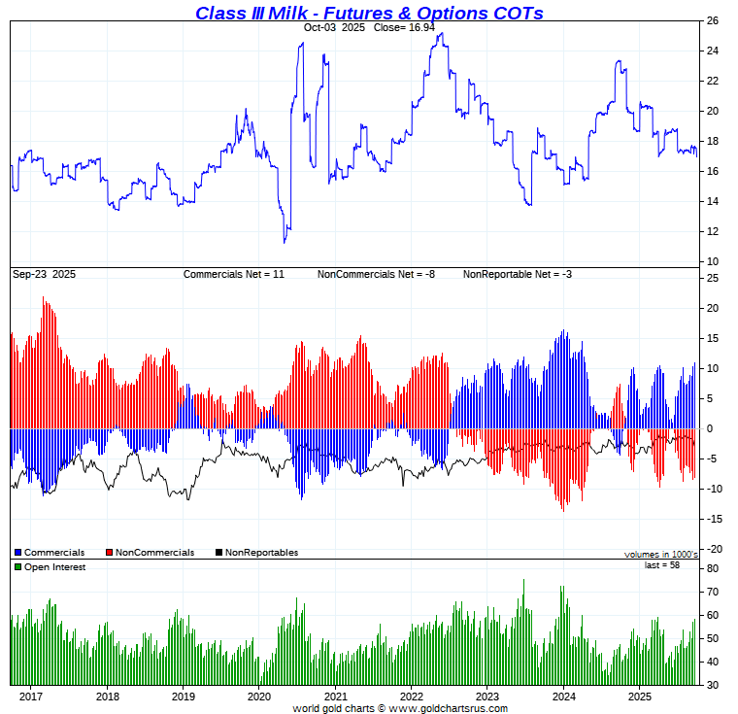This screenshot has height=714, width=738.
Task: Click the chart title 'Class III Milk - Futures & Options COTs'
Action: [369, 13]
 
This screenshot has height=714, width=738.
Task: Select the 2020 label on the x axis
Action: [259, 697]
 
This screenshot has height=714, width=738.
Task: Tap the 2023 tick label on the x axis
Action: [487, 697]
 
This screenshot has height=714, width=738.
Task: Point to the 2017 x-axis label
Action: [31, 697]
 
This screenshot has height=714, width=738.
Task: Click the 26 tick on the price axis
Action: [712, 20]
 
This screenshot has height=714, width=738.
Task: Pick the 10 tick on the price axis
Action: [712, 261]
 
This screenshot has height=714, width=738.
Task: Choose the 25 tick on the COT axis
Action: [712, 279]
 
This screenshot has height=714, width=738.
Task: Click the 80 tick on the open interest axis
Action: [712, 568]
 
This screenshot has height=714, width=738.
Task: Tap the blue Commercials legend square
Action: [17, 553]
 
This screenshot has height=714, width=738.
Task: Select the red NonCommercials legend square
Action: [109, 553]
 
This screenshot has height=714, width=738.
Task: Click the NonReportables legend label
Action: [261, 553]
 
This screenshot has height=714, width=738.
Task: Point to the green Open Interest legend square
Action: [17, 567]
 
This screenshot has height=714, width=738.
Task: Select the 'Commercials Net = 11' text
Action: [234, 275]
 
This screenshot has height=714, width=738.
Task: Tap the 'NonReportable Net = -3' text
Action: [518, 275]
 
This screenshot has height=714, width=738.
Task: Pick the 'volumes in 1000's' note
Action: [660, 554]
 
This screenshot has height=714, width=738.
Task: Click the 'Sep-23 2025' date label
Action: [44, 275]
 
